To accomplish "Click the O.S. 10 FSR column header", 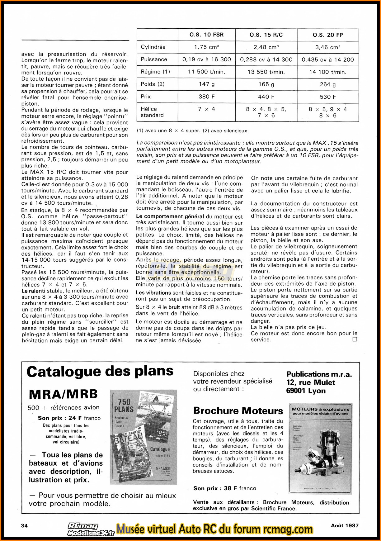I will [207, 35].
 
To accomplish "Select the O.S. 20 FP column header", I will [328, 35].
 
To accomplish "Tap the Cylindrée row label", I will [153, 47].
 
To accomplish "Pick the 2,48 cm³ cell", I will [266, 47].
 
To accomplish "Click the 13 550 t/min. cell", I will [266, 72].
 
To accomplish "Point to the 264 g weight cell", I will [328, 84].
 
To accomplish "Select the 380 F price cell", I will [207, 97].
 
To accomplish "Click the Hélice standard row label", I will [152, 112].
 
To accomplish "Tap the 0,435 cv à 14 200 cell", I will [328, 59].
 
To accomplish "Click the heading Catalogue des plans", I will [100, 372].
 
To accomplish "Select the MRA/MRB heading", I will [63, 394].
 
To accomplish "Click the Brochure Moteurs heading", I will [238, 411].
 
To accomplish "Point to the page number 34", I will [24, 526].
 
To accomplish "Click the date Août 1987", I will [345, 525].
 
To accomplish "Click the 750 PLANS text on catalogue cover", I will [124, 405].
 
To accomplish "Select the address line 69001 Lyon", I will [306, 391].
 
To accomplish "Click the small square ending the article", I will [355, 339].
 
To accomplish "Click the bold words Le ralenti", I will [34, 291].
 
